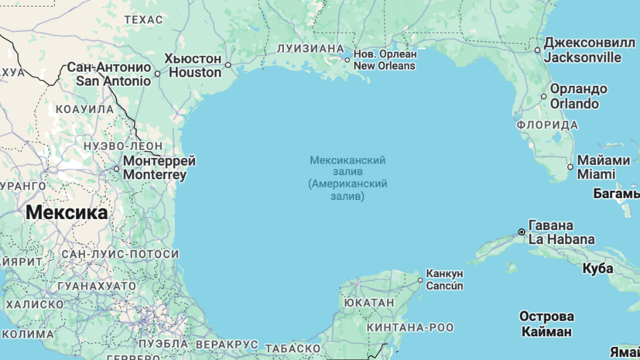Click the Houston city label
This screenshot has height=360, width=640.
coord(194,66)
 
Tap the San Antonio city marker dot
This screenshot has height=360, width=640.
coord(157,74)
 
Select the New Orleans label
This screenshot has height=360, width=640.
coord(385,60)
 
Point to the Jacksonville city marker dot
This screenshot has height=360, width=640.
coord(538,50)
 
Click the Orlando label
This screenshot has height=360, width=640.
coord(574,96)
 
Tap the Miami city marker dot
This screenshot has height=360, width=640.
coord(570,166)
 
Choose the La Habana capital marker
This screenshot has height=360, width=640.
coord(522,231)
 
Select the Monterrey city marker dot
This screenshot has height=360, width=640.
coord(117,168)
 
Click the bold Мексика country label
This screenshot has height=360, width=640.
coord(67,212)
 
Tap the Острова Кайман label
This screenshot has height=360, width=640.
coord(546,324)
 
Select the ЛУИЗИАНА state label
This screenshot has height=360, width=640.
coord(310,49)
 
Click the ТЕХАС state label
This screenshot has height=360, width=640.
coord(143,19)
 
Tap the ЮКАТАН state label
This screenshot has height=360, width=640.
coord(369,303)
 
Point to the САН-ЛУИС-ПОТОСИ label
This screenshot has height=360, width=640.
coord(120,254)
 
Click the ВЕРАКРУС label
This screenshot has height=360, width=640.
coord(227,343)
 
